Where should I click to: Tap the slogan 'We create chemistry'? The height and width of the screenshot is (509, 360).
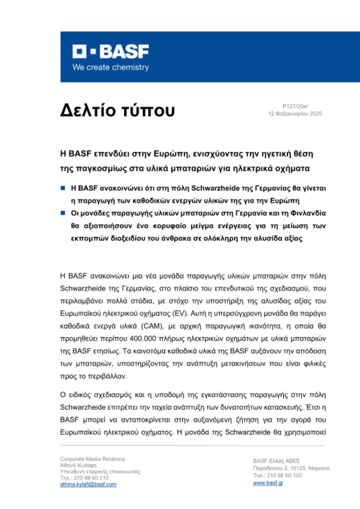click(x=110, y=68)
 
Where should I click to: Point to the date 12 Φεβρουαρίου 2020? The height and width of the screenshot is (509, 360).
click(x=296, y=114)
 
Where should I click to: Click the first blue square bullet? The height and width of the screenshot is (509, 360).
click(x=62, y=187)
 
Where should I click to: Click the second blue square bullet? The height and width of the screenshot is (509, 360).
click(x=62, y=213)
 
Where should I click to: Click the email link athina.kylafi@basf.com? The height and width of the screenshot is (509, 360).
click(x=88, y=484)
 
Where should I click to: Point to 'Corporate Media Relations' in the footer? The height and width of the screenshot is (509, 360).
click(x=92, y=459)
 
